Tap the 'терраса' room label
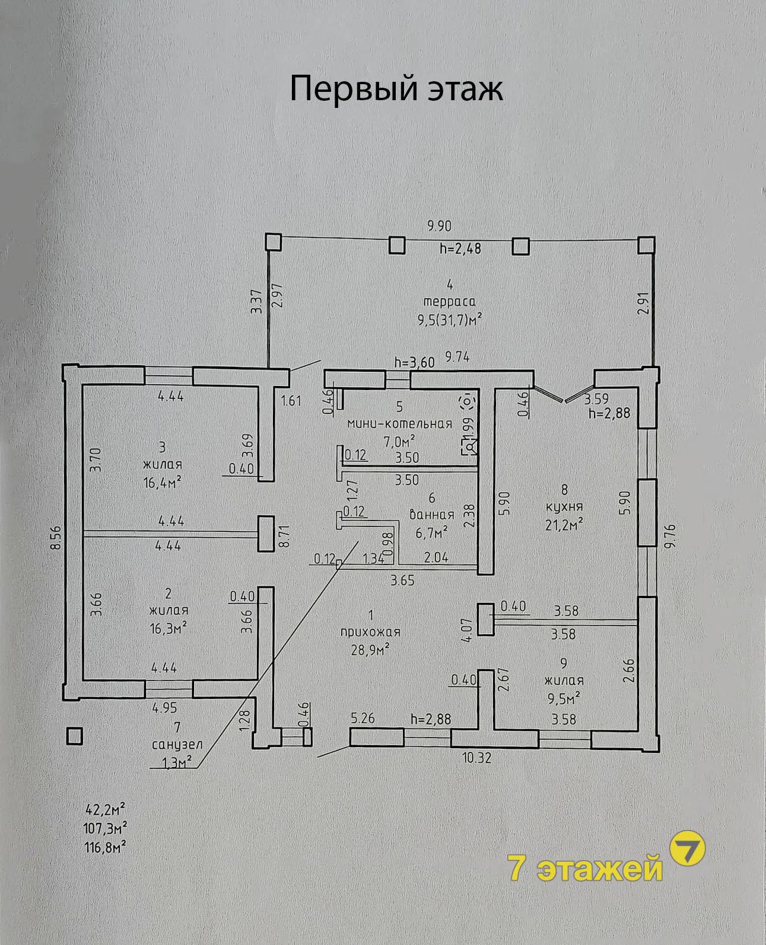[449, 302]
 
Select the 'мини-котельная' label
[400, 424]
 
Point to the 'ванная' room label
[432, 515]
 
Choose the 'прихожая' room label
[370, 633]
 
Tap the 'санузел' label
[177, 745]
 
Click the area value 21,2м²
[564, 525]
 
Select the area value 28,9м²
[370, 650]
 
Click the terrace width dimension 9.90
[439, 226]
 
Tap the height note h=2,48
[460, 248]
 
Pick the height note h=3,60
[414, 362]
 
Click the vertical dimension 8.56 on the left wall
[56, 538]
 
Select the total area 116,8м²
[105, 848]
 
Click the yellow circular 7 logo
[687, 848]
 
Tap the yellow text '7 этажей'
[585, 868]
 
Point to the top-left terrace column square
[273, 242]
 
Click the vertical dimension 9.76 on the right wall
[669, 537]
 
